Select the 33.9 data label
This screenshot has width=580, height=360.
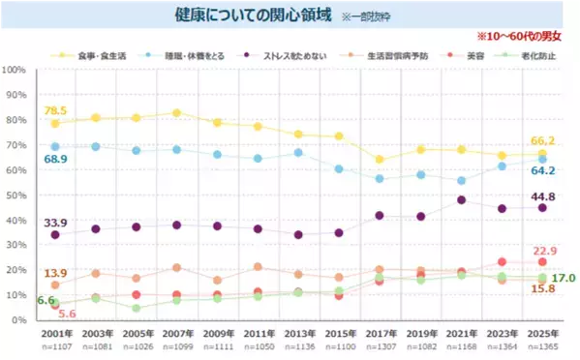pos(54,222)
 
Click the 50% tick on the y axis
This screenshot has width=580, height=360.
pos(16,195)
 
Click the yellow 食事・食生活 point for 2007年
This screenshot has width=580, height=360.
pos(176,113)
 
